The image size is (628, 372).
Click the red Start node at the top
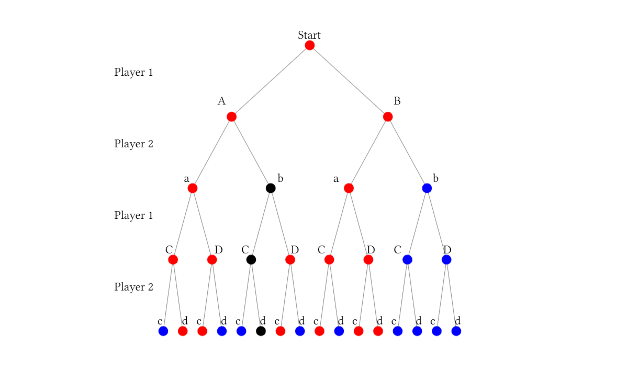pos(310,45)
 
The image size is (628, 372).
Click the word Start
pos(309,35)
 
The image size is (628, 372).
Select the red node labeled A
pos(232,117)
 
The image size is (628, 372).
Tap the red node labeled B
pos(388,117)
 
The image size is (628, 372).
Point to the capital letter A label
pos(221,101)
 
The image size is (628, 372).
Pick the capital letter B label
pos(397,101)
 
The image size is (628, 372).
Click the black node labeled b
pos(271,188)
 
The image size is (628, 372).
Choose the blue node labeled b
pos(427,188)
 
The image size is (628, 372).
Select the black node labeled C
pos(251,260)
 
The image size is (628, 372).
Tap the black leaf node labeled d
pos(261,331)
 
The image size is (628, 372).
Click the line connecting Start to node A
pos(271,81)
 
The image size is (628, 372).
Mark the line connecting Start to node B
pos(349,81)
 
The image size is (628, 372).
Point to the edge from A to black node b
pos(251,152)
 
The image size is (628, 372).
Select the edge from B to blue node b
pos(407,152)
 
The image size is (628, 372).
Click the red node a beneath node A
pos(193,188)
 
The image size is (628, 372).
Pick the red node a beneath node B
pos(349,188)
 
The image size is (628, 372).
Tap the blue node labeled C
pos(407,260)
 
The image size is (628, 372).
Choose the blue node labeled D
pos(446,260)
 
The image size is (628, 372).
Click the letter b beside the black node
pos(281,178)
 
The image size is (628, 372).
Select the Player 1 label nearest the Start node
pos(133,73)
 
